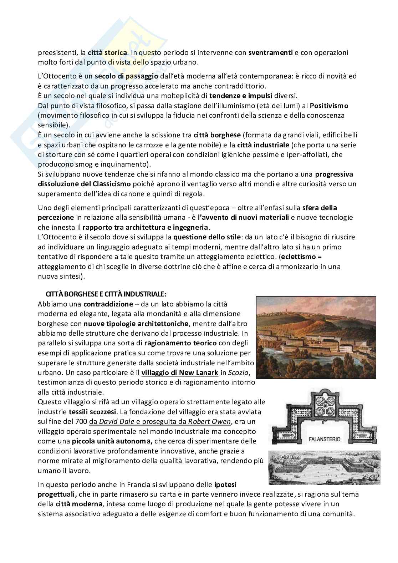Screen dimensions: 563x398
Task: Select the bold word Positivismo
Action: coord(329,106)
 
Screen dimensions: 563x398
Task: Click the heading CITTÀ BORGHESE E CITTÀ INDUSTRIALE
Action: coord(106,294)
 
